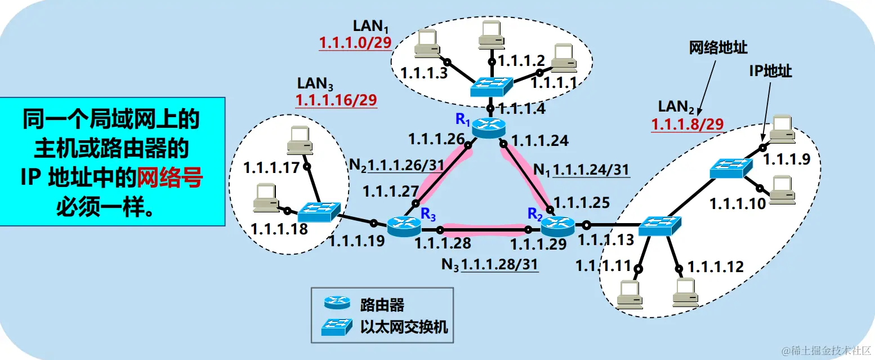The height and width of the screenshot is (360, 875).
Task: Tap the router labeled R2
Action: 557,226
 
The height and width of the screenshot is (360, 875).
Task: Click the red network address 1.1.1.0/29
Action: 355,43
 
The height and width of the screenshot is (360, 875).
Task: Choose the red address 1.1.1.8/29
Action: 687,125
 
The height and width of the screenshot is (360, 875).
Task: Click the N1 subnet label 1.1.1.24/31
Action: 591,169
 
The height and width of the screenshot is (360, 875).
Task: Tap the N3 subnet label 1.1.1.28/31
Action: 499,264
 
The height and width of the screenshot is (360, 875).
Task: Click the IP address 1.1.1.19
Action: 356,242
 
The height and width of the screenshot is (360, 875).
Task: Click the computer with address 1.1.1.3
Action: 426,43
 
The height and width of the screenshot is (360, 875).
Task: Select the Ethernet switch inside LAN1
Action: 492,86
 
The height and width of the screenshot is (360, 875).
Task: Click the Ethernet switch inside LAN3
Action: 318,212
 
